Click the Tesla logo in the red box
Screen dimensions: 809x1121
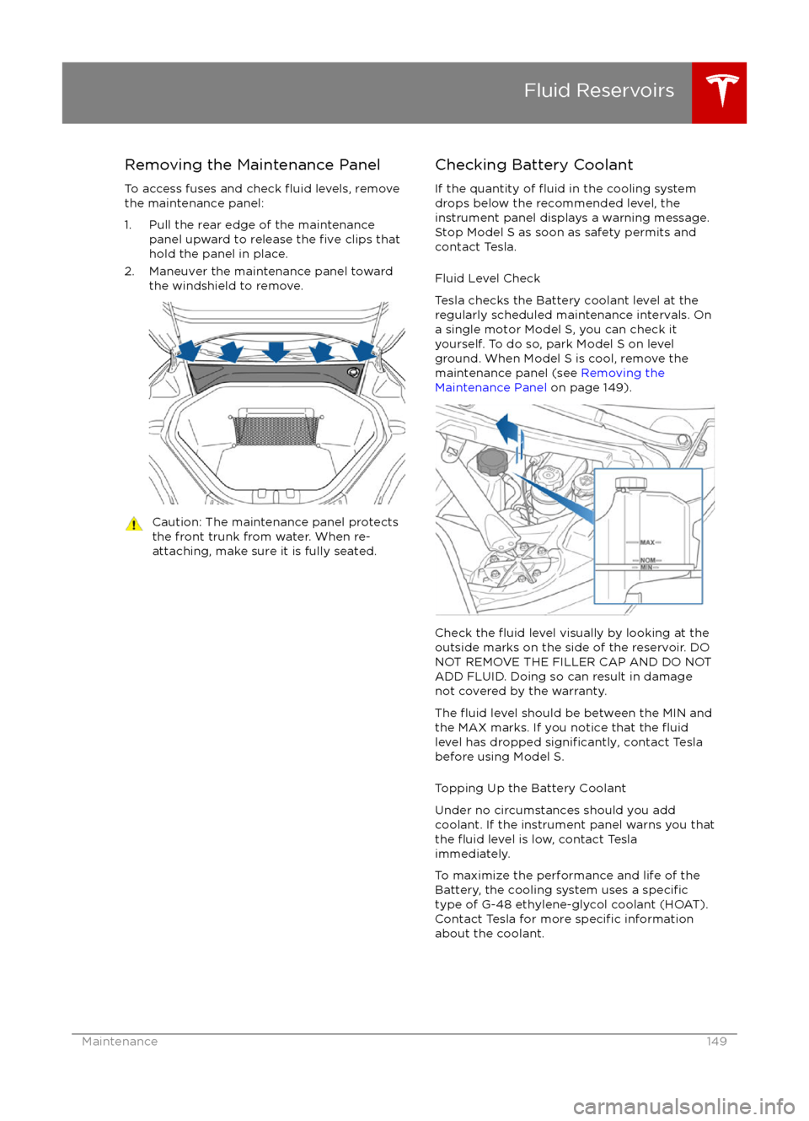[x=722, y=90]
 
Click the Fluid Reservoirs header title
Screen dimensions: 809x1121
[x=598, y=90]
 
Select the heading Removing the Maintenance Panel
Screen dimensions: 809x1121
[x=252, y=164]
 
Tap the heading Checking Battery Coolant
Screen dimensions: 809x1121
[x=533, y=164]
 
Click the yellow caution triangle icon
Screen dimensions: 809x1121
[x=134, y=524]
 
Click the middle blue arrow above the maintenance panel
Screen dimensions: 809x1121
[x=276, y=351]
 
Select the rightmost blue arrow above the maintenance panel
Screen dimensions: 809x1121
[x=363, y=350]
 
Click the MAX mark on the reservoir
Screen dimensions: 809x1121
[x=647, y=542]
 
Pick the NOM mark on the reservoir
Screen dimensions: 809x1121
[x=647, y=560]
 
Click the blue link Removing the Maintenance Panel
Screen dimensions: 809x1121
[x=549, y=380]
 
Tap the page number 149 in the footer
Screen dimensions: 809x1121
[x=716, y=1042]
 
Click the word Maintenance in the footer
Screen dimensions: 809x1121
[x=120, y=1042]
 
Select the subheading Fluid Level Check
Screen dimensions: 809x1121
[x=487, y=278]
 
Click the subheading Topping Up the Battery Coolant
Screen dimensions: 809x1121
[x=530, y=788]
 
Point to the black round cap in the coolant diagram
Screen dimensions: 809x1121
[x=492, y=461]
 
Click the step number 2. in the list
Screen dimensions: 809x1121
[x=130, y=272]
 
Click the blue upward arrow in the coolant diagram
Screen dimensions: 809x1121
[x=508, y=429]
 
